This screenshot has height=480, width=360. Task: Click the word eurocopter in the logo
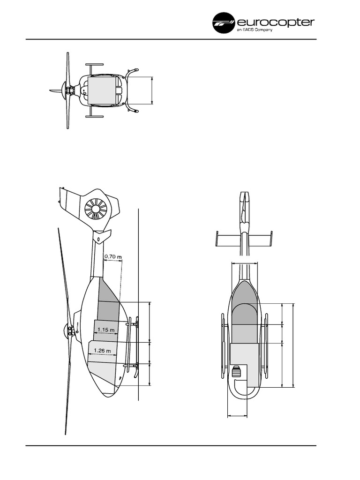pyautogui.click(x=276, y=22)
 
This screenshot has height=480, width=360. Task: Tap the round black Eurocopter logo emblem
pyautogui.click(x=224, y=22)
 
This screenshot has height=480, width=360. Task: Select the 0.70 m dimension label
pyautogui.click(x=112, y=256)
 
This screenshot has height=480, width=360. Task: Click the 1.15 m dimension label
pyautogui.click(x=106, y=330)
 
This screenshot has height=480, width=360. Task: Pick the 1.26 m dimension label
pyautogui.click(x=102, y=351)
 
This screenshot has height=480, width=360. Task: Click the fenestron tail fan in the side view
pyautogui.click(x=96, y=209)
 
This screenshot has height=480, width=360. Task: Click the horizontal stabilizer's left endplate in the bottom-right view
pyautogui.click(x=217, y=240)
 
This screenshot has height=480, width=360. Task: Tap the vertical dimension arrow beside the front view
pyautogui.click(x=152, y=90)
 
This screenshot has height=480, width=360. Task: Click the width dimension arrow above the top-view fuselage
pyautogui.click(x=244, y=263)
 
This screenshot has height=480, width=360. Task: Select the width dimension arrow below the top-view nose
pyautogui.click(x=237, y=415)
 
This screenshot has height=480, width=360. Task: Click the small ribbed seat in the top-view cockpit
pyautogui.click(x=237, y=372)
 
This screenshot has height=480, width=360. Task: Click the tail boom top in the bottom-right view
pyautogui.click(x=244, y=197)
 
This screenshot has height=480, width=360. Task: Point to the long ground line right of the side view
pyautogui.click(x=139, y=305)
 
